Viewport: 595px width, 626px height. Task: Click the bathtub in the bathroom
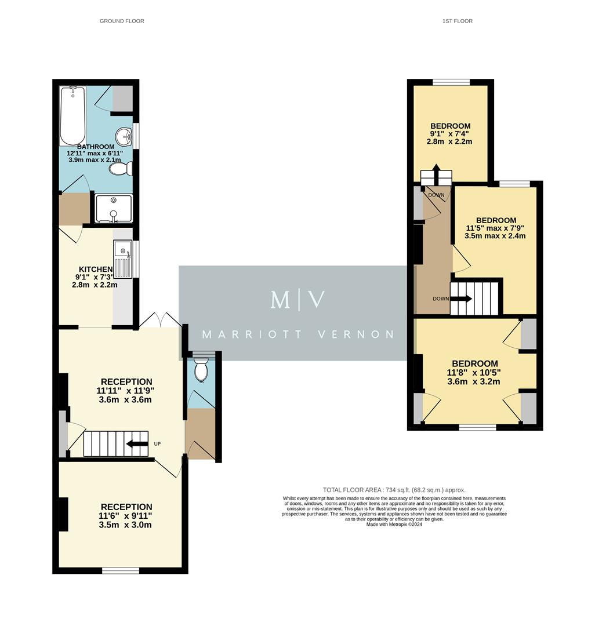pyautogui.click(x=72, y=115)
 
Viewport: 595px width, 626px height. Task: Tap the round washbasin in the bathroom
pyautogui.click(x=124, y=136)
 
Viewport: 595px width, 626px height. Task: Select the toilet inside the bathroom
pyautogui.click(x=120, y=169)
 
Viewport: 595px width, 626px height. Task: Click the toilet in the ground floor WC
pyautogui.click(x=201, y=369)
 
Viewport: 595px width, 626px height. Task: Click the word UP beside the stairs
pyautogui.click(x=157, y=444)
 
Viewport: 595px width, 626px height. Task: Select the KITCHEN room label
pyautogui.click(x=96, y=269)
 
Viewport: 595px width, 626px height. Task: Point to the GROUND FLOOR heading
pyautogui.click(x=122, y=21)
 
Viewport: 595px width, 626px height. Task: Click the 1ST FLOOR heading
pyautogui.click(x=458, y=21)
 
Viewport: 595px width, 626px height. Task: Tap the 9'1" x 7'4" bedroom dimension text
pyautogui.click(x=450, y=133)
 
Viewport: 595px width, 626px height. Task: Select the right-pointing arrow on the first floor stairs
pyautogui.click(x=462, y=299)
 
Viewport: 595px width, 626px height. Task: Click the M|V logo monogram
pyautogui.click(x=297, y=300)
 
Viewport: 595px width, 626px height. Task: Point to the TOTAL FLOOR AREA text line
pyautogui.click(x=394, y=490)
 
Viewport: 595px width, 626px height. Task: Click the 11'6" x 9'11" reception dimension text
pyautogui.click(x=125, y=516)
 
